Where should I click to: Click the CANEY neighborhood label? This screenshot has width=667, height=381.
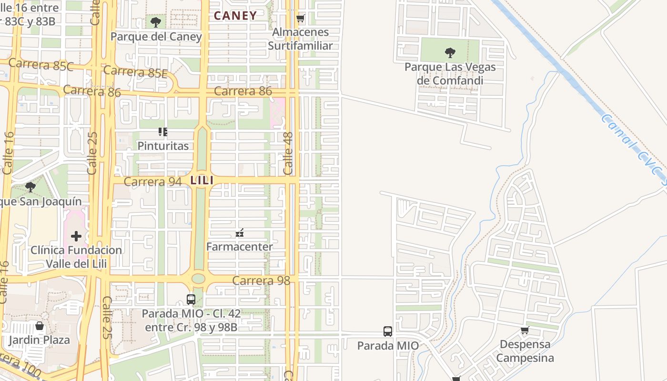click(x=235, y=16)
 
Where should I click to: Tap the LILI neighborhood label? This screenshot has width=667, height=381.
click(x=202, y=180)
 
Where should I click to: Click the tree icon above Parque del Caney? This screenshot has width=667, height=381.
click(x=155, y=22)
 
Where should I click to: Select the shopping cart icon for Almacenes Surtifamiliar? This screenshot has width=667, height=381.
click(x=300, y=19)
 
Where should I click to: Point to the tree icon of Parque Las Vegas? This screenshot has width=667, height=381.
click(x=450, y=52)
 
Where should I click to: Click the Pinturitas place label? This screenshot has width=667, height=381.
click(x=163, y=146)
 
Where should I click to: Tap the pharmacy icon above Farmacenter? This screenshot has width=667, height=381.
click(x=240, y=233)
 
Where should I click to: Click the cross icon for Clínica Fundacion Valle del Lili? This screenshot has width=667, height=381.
click(x=76, y=236)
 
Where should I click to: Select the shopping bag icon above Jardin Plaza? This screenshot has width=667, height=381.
click(x=40, y=326)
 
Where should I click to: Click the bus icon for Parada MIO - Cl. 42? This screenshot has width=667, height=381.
click(x=191, y=300)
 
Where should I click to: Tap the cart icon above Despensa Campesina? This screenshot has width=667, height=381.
click(x=525, y=330)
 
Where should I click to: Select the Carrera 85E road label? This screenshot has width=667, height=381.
click(x=135, y=71)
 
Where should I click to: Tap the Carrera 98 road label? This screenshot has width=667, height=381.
click(x=261, y=281)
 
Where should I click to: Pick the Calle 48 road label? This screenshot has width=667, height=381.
click(x=288, y=153)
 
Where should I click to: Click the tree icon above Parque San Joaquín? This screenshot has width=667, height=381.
click(x=30, y=187)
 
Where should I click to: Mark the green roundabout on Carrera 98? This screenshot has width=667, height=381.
click(x=198, y=279)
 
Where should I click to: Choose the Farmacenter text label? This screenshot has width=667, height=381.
click(x=239, y=247)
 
